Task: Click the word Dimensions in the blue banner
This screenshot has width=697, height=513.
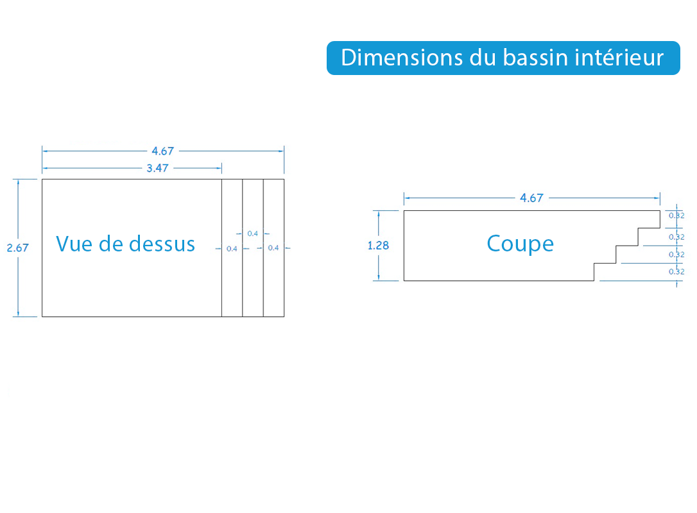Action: (x=402, y=58)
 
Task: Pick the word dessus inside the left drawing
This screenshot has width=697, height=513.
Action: (x=162, y=244)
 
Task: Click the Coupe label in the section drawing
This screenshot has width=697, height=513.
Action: (x=520, y=244)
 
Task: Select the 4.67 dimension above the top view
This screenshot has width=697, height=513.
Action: (x=162, y=151)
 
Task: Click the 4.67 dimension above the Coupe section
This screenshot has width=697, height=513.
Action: (x=531, y=198)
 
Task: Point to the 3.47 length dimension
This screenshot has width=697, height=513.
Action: (x=158, y=168)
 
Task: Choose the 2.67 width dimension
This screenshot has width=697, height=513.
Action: (x=18, y=248)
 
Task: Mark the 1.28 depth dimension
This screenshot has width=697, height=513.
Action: (x=378, y=245)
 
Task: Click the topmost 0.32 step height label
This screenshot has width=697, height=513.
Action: (x=676, y=216)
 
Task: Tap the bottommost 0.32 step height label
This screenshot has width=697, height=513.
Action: (x=676, y=272)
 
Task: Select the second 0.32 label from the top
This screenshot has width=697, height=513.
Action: (x=676, y=237)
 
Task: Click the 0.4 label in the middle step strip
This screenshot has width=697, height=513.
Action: (x=252, y=233)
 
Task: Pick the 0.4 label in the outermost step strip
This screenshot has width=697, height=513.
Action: (x=273, y=248)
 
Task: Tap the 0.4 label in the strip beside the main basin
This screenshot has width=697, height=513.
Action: (x=232, y=249)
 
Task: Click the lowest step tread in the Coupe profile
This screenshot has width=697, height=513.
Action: (x=605, y=264)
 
